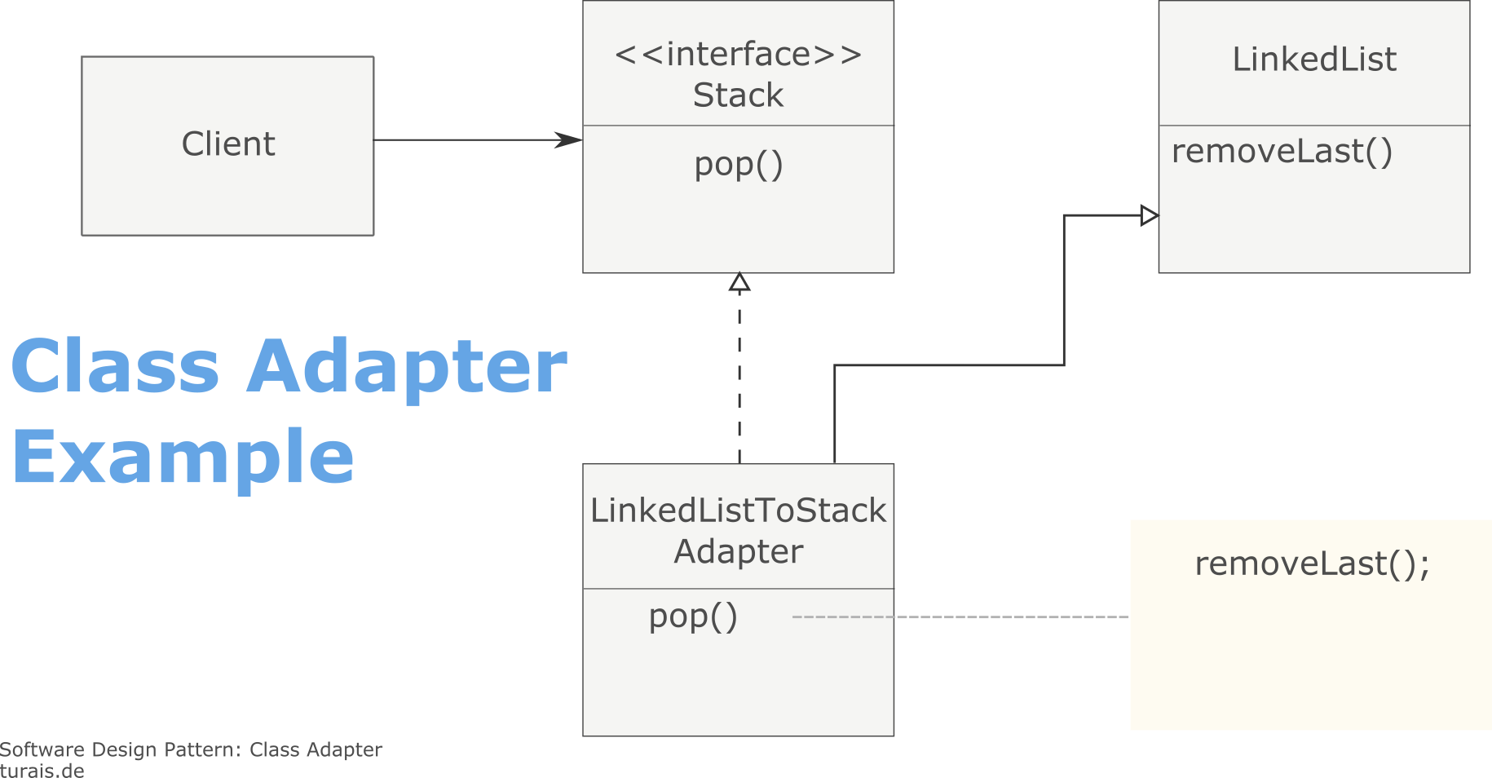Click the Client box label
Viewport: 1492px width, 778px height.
(227, 144)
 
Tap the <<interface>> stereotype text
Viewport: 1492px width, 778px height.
(738, 55)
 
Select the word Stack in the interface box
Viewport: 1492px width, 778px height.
(738, 95)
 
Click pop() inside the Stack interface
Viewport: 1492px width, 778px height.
(739, 165)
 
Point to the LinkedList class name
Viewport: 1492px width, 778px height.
(1313, 60)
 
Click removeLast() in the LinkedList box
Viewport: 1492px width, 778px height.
(1282, 152)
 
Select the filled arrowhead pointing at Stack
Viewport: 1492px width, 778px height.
(569, 140)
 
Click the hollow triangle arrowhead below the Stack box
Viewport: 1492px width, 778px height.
(739, 283)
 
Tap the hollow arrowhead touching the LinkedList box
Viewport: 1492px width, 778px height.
(1149, 215)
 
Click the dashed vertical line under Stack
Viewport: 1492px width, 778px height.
(739, 375)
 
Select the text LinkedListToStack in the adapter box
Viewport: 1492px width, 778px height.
(738, 511)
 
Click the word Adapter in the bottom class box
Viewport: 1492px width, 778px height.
(738, 552)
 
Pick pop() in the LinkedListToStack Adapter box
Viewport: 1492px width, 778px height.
(693, 617)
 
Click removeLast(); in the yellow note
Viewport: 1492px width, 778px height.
(1312, 564)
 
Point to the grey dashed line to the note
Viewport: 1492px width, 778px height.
(962, 617)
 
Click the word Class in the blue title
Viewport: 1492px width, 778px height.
(115, 366)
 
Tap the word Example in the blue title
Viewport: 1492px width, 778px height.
(183, 458)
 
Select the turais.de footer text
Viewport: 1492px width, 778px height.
(42, 771)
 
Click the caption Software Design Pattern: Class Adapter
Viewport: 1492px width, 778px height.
(191, 749)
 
